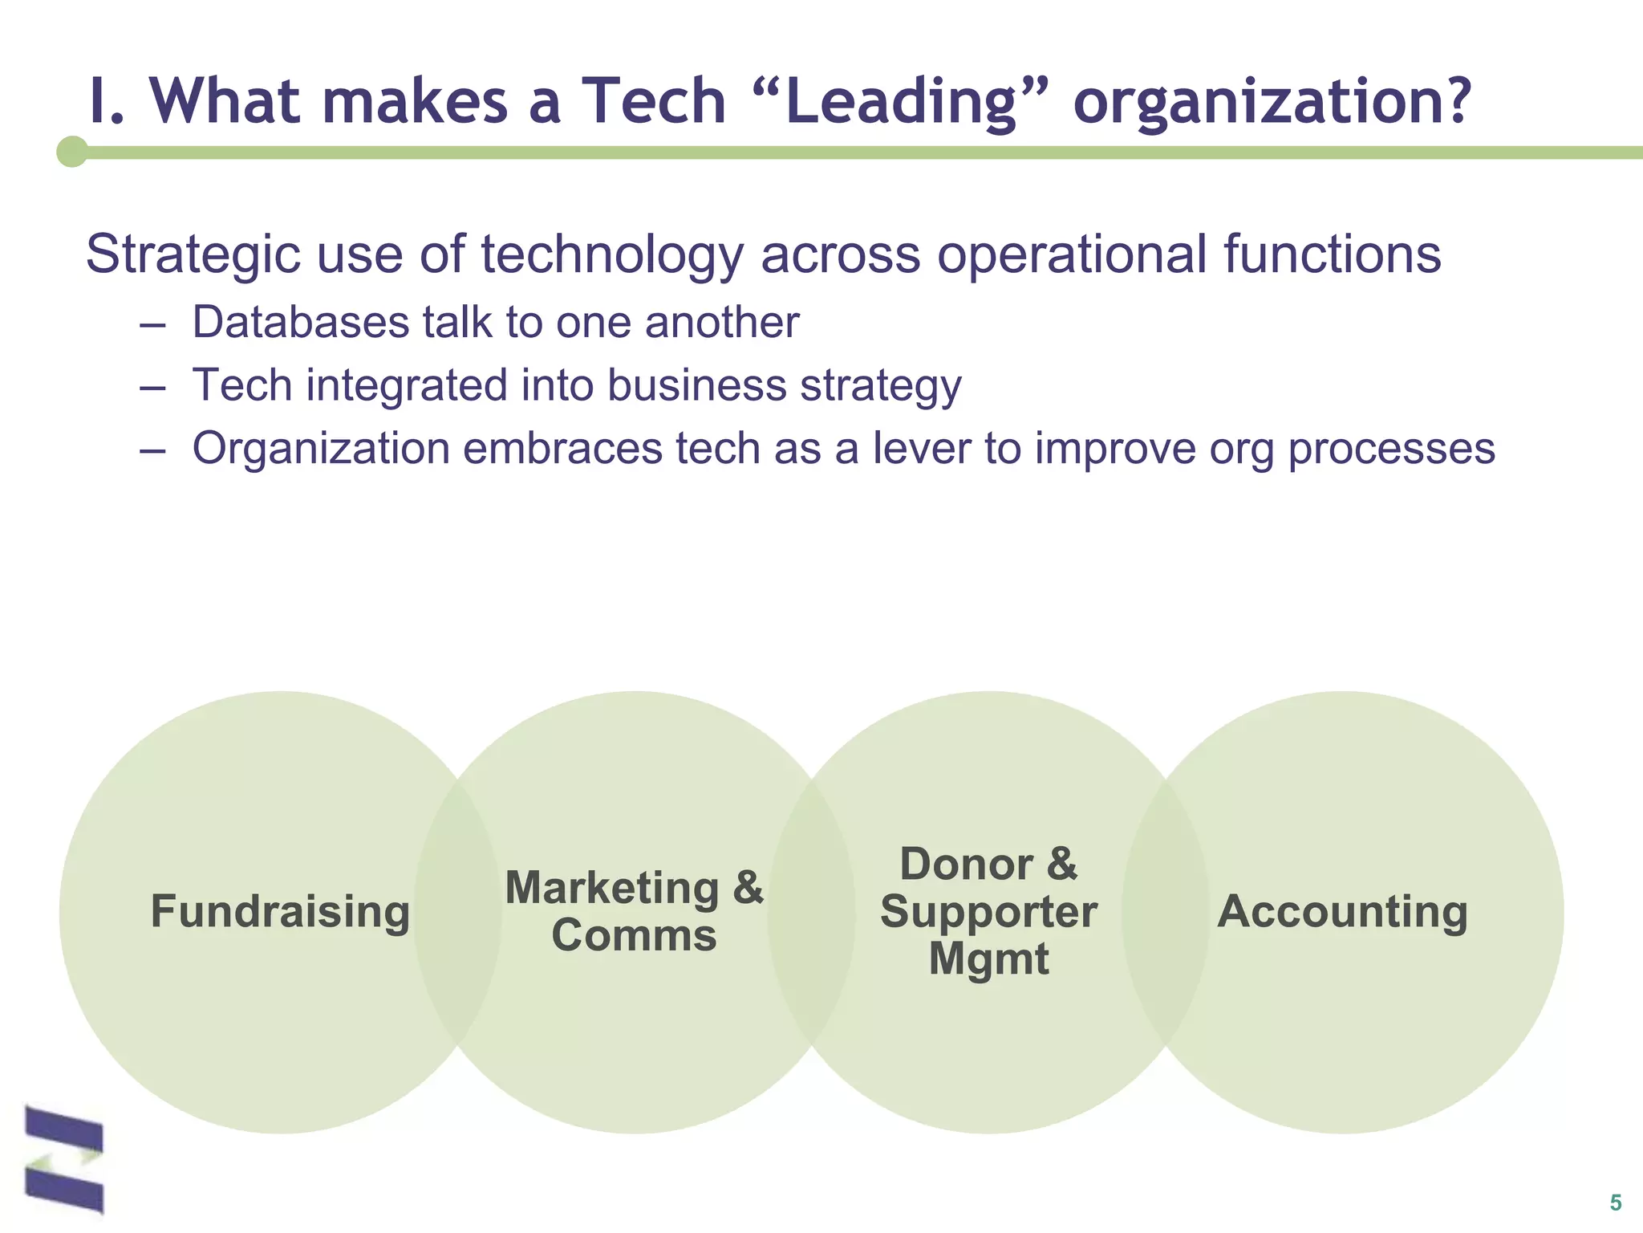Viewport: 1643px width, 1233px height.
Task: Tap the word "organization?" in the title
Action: point(1272,102)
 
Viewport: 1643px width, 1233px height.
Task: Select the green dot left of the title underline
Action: point(72,152)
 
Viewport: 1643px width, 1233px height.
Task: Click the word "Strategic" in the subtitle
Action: point(193,254)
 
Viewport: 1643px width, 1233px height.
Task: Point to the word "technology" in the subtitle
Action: point(612,254)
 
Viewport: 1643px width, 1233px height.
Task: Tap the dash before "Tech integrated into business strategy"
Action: point(152,386)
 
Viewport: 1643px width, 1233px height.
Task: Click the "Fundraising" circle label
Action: point(280,912)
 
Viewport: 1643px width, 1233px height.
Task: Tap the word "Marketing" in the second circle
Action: point(612,888)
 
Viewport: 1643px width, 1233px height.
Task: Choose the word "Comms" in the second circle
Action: point(634,936)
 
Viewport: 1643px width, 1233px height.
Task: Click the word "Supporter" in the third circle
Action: point(988,912)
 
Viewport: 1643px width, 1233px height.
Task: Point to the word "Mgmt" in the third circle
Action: point(988,958)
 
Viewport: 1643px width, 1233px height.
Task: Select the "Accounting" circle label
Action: point(1342,912)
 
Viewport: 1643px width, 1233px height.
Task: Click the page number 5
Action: point(1615,1202)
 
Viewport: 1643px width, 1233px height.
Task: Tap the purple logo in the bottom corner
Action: point(64,1158)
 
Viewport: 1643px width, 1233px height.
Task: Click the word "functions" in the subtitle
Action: point(1332,254)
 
